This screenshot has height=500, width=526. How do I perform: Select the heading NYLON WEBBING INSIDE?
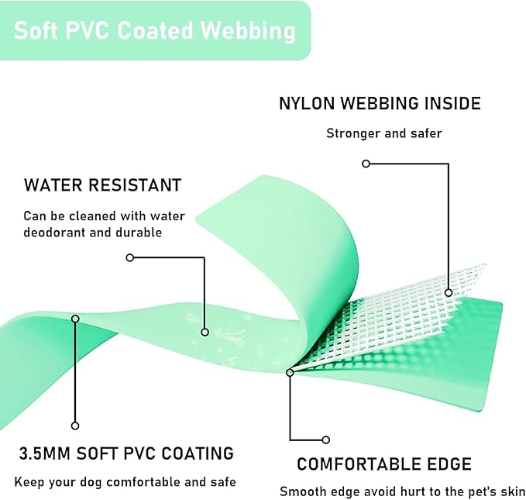click(x=380, y=103)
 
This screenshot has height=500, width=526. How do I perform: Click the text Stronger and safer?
click(x=383, y=133)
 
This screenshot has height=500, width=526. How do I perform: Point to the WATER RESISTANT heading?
click(x=102, y=185)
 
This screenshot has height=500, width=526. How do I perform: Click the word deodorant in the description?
click(x=59, y=233)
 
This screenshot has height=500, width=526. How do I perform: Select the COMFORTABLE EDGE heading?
click(x=384, y=464)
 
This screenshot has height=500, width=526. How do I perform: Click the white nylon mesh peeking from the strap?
click(x=403, y=310)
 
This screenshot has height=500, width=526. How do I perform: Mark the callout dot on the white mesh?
click(x=449, y=292)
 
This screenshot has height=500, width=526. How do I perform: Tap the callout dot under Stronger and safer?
click(x=366, y=164)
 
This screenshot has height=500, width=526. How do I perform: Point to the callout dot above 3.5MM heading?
click(x=75, y=425)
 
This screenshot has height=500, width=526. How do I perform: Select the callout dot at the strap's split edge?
click(x=290, y=373)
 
